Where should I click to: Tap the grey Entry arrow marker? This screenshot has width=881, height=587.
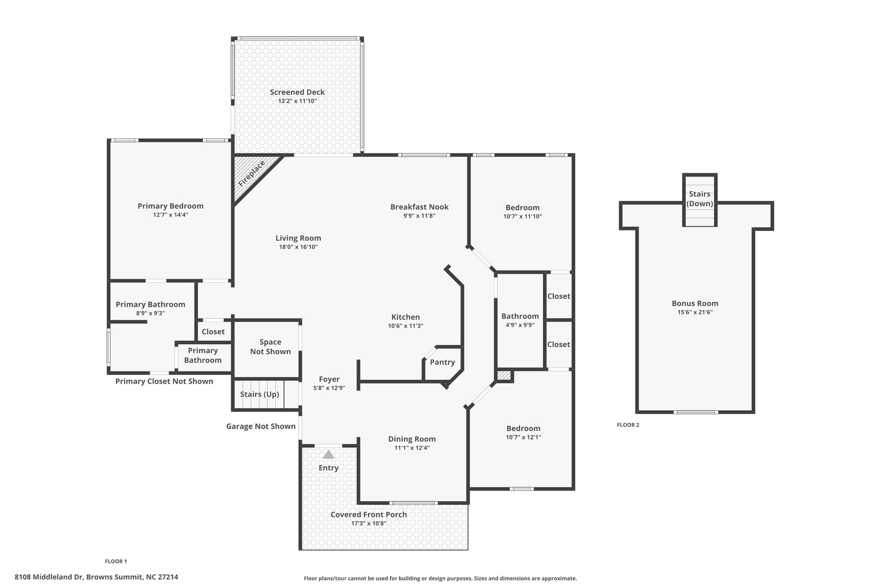coord(329,454)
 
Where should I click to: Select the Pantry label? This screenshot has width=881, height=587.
coord(442,362)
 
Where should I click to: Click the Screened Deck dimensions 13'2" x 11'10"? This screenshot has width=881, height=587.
coord(297,101)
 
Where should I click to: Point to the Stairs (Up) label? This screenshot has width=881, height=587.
coord(259,394)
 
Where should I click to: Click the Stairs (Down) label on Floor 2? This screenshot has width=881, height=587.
coord(699,199)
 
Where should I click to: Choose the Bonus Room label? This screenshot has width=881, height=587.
coord(695,303)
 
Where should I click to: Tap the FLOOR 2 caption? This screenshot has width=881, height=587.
coord(628,425)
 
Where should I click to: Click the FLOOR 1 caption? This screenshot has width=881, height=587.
coord(116,561)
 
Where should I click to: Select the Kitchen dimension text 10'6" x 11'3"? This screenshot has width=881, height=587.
coord(406,326)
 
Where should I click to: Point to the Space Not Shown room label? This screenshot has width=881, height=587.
coord(271,347)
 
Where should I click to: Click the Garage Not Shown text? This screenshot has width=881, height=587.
coord(261,426)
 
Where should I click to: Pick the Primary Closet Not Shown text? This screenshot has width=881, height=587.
coord(164,381)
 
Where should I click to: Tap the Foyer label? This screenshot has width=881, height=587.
coord(329,379)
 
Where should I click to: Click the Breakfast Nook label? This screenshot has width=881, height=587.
coord(419,207)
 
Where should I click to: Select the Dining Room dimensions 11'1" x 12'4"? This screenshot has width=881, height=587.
coord(412,448)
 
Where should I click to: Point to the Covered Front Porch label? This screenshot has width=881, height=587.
coord(369,514)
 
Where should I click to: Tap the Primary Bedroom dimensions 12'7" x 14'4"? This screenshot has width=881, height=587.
coord(170,215)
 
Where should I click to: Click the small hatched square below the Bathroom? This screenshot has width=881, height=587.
coord(504,375)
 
